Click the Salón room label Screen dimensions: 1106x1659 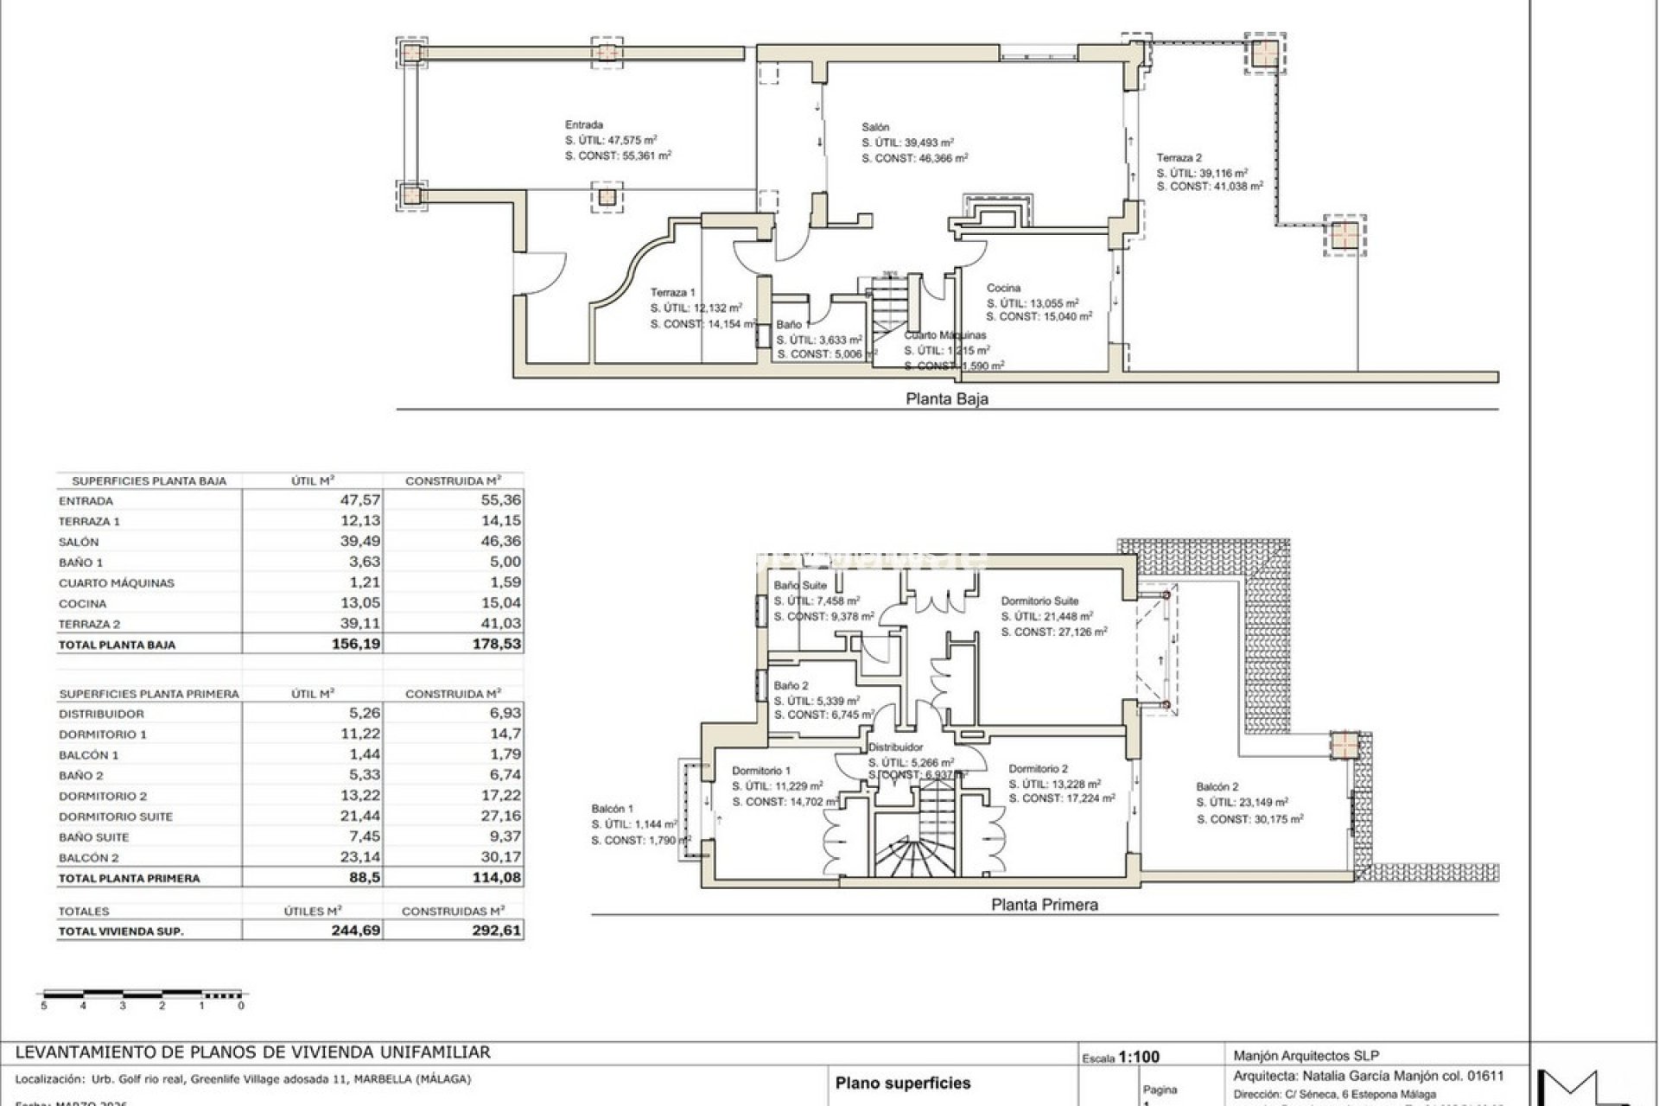click(x=874, y=127)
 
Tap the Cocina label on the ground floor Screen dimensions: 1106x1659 click(x=1003, y=288)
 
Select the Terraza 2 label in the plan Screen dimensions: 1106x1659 click(x=1179, y=157)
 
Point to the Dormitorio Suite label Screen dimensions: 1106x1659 click(x=1039, y=601)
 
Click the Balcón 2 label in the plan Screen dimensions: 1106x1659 click(x=1217, y=786)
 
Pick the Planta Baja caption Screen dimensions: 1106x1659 click(x=946, y=399)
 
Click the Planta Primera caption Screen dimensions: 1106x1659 click(x=1044, y=905)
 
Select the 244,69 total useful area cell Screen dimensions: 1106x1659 click(x=356, y=931)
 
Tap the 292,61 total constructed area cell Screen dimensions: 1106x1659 click(x=496, y=931)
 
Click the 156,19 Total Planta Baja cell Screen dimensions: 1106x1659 click(x=356, y=644)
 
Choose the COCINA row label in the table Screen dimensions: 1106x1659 click(x=83, y=603)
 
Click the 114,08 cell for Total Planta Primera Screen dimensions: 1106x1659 click(x=496, y=877)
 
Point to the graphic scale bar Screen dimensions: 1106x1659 click(x=143, y=995)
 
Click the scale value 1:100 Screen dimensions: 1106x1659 click(x=1138, y=1057)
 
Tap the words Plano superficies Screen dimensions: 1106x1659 click(x=902, y=1083)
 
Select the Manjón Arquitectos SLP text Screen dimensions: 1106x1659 click(x=1306, y=1055)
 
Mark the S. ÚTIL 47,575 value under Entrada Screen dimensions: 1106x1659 click(x=610, y=140)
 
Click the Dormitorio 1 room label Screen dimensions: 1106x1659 click(x=760, y=770)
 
